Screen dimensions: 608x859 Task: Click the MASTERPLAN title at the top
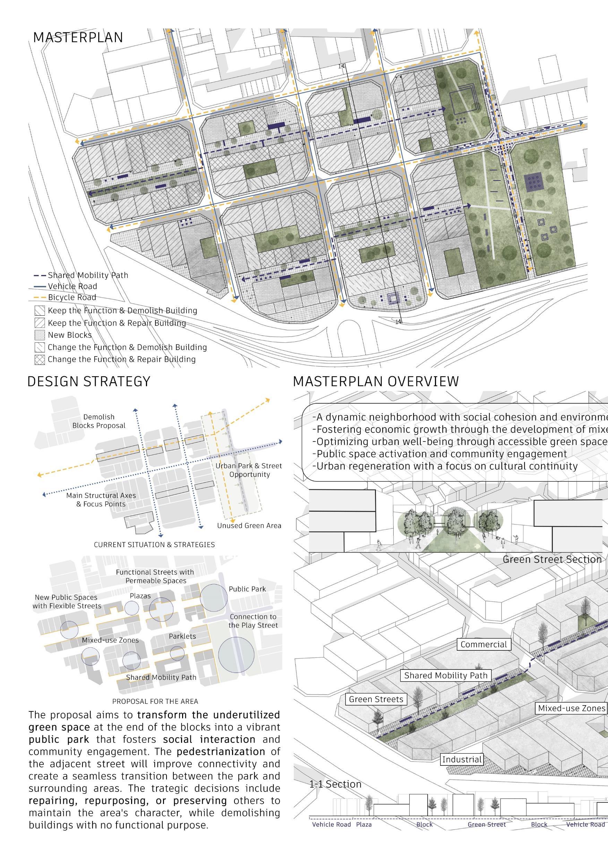78,37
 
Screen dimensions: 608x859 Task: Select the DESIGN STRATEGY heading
89,381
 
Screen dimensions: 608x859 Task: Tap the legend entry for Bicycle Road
72,297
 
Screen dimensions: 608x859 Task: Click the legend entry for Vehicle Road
72,286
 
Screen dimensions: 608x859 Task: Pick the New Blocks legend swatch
39,335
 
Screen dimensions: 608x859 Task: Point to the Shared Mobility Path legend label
88,275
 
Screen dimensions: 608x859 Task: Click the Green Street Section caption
552,560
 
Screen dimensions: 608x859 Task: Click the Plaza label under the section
363,835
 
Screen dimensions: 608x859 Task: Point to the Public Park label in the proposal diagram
247,589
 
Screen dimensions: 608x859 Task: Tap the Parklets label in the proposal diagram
182,636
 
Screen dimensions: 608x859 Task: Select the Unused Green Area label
249,526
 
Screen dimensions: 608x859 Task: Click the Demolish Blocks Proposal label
99,421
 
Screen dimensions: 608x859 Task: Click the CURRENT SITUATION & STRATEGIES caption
154,545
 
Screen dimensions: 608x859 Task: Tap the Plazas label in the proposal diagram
140,596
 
